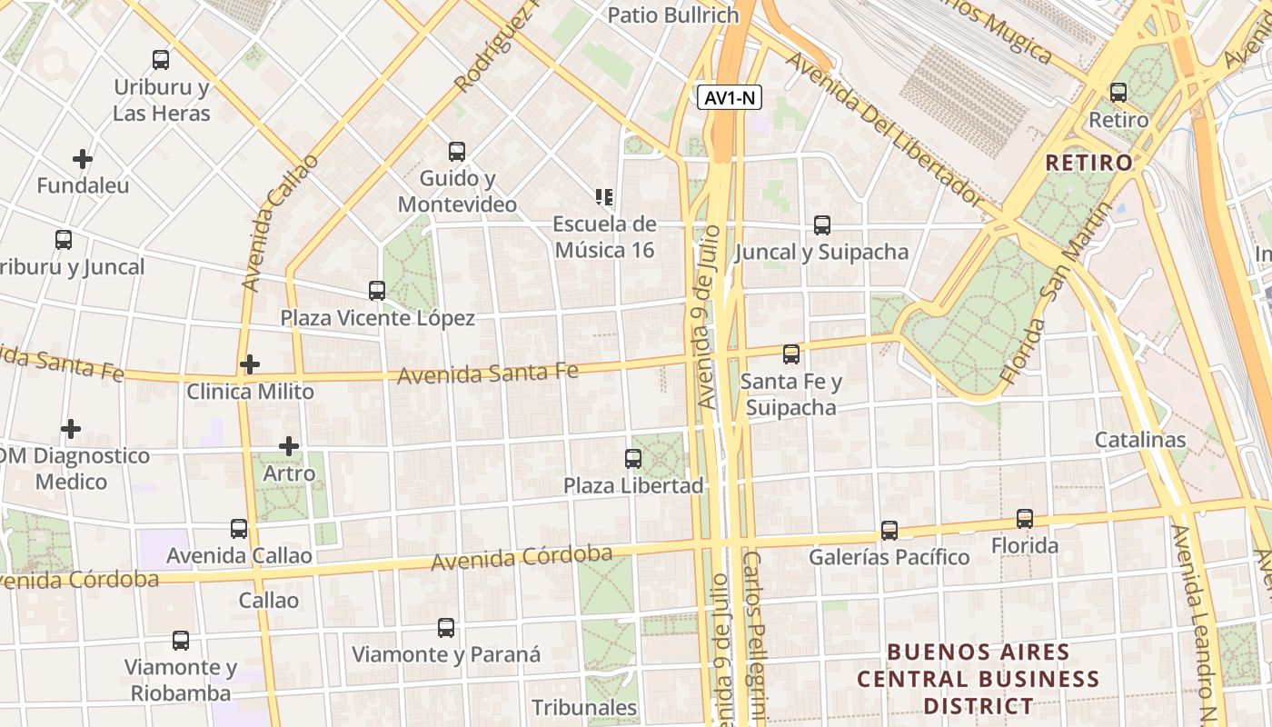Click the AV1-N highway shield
[730, 97]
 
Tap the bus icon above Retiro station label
[1118, 93]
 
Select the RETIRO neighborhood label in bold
[1089, 163]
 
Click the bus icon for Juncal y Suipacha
[822, 224]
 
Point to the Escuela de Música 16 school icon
[604, 196]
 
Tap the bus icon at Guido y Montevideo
[457, 151]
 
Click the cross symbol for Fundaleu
[83, 159]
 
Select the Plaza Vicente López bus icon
[377, 291]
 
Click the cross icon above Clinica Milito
[250, 364]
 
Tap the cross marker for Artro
[289, 446]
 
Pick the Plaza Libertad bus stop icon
[633, 459]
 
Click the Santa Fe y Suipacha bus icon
[791, 354]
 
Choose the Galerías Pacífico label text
[889, 556]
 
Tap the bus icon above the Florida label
[1025, 519]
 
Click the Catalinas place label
[1140, 440]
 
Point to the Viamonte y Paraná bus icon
[446, 627]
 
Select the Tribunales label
[584, 707]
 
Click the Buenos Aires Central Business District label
[978, 679]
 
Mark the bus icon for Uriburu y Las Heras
[161, 60]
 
